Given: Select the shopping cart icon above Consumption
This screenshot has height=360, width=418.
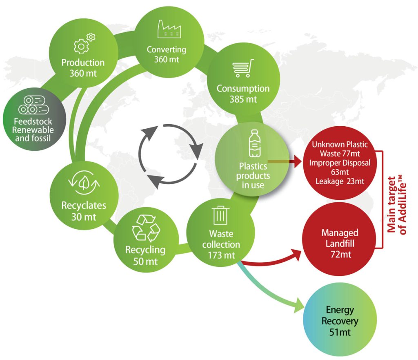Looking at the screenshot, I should (243, 69).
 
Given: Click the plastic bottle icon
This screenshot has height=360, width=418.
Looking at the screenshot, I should (255, 145).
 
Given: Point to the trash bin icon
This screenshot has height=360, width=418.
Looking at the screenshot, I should (221, 215).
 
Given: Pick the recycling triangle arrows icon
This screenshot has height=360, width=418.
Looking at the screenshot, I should (146, 228).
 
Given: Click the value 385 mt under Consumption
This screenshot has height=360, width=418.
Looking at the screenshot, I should (243, 99).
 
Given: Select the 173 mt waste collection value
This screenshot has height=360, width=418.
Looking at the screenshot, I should (221, 255).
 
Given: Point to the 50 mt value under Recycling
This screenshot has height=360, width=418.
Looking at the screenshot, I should (145, 262).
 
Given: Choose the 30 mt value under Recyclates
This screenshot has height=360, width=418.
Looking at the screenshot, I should (84, 217).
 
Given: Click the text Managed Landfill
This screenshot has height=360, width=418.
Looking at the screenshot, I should (340, 238).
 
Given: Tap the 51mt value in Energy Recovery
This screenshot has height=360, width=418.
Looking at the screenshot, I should (340, 332).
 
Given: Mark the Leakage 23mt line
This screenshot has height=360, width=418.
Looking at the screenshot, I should (340, 181).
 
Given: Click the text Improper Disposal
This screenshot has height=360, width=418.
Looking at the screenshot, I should (340, 163).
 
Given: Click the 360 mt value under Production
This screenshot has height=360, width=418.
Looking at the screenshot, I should (83, 74).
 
